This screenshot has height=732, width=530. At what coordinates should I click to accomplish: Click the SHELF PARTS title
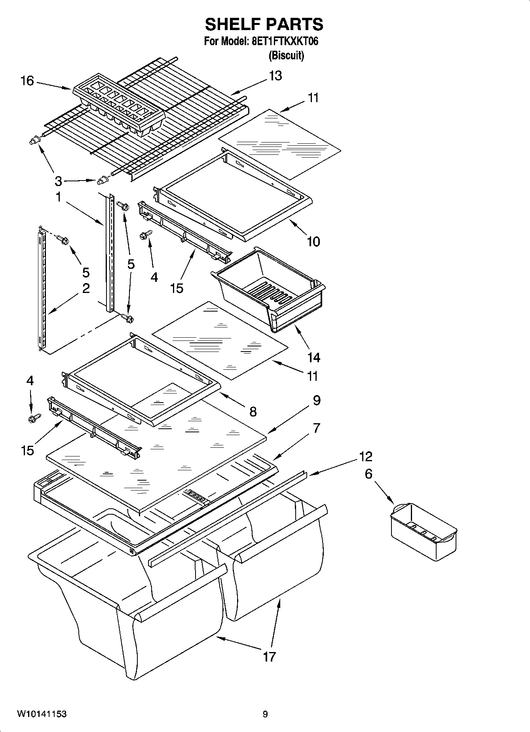point(264,25)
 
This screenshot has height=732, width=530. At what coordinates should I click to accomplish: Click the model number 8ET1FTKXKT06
point(285,42)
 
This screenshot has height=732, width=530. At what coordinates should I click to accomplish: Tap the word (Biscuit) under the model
point(286,56)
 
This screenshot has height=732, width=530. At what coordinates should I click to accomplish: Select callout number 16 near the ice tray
point(27,81)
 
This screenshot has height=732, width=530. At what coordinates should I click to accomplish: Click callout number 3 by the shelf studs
point(58,182)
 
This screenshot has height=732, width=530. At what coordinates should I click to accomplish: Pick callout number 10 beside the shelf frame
point(313,241)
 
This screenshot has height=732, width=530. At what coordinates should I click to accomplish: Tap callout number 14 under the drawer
point(313,357)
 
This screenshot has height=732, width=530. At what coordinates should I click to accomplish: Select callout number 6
point(369,473)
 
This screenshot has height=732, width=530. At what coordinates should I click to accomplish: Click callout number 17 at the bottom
point(269,657)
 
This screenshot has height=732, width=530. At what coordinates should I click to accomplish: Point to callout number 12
point(365,456)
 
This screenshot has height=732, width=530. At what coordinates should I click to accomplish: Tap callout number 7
point(316,428)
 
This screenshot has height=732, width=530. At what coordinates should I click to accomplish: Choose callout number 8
point(253,412)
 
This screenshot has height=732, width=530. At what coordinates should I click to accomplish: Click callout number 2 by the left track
point(86,288)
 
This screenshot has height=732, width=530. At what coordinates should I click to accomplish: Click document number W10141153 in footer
point(42,714)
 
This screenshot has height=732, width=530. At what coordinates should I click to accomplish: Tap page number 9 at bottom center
point(265,714)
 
